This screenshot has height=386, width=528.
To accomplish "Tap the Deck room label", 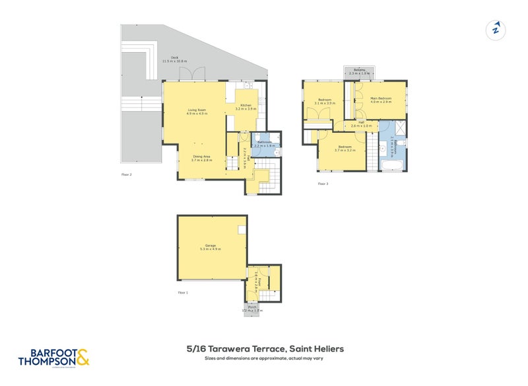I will click(x=175, y=59).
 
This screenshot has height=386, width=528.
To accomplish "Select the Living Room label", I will click(x=197, y=111).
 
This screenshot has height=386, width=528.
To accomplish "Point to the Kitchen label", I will click(x=246, y=107).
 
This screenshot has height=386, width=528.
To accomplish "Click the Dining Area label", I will click(x=202, y=157).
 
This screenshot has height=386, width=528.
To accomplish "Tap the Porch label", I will click(x=252, y=309).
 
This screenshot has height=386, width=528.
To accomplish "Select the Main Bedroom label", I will click(x=381, y=100).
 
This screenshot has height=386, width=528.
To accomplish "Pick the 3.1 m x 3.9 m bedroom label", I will click(x=325, y=101).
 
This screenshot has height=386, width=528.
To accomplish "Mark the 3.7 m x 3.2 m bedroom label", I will click(x=345, y=148).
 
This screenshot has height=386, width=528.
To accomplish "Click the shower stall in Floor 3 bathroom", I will click(x=392, y=128).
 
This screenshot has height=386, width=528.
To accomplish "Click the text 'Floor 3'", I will click(x=323, y=184).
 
